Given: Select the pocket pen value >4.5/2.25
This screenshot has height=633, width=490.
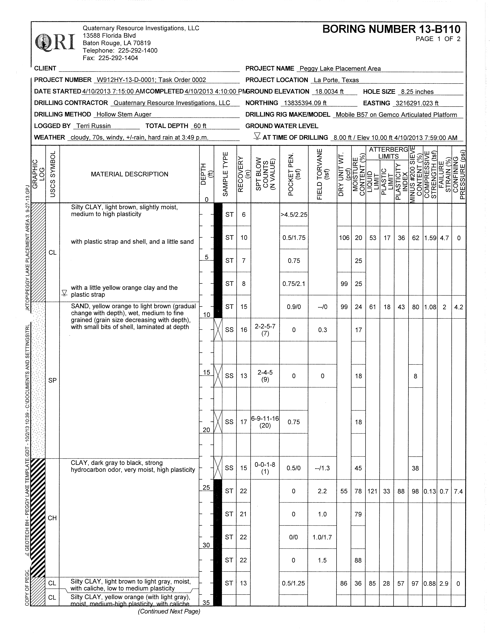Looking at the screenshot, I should [x=294, y=215].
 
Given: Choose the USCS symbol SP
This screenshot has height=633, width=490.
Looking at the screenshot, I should [x=53, y=380].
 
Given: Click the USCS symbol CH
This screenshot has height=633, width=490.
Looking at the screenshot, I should [x=52, y=518].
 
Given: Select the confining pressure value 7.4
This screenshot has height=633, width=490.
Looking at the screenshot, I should [x=458, y=491].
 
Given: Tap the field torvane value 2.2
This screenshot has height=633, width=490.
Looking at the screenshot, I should [x=322, y=491].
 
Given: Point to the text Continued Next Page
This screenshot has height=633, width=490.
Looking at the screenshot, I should [x=169, y=612].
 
